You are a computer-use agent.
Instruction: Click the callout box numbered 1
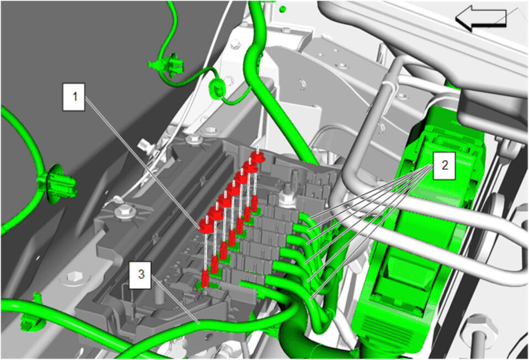click(73, 96)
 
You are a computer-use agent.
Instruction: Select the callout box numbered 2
click(445, 165)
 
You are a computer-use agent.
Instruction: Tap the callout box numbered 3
click(140, 275)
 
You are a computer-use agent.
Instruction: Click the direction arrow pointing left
click(481, 19)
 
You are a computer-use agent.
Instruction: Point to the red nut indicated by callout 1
click(206, 225)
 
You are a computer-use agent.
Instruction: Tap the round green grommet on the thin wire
click(217, 89)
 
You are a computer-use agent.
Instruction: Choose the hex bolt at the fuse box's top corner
click(194, 139)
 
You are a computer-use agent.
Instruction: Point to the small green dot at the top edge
click(283, 8)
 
